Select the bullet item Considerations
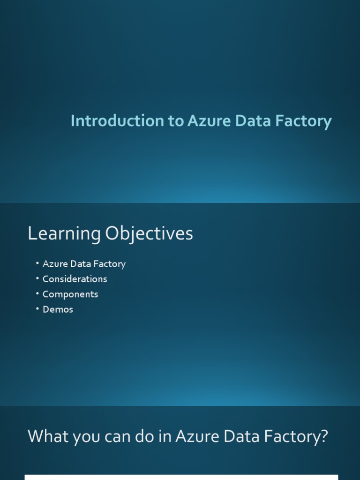(75, 279)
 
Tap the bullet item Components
(70, 294)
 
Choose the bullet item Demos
(58, 309)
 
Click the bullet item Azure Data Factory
(84, 264)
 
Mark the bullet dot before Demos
(37, 309)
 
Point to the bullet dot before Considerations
(37, 278)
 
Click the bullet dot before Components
(37, 294)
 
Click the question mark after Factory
(323, 437)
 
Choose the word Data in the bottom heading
(240, 437)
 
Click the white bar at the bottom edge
(181, 477)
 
